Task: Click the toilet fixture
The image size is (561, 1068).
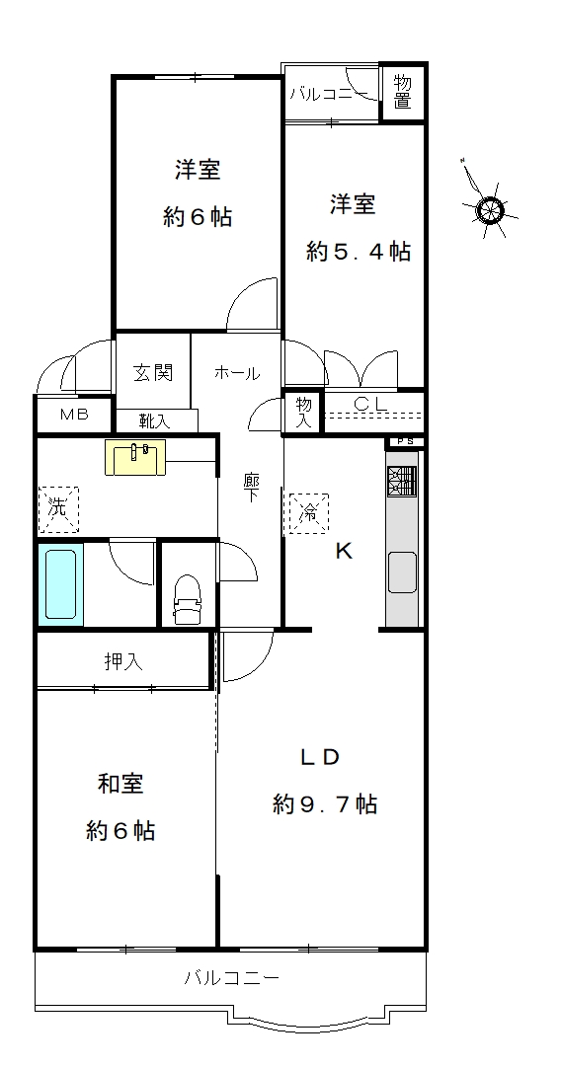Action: coord(188,599)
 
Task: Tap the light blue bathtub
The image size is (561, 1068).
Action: coord(60,583)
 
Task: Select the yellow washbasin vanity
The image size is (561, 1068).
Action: coord(135,457)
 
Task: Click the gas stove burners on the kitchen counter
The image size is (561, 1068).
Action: coord(402,481)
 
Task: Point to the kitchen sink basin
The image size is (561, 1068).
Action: coord(402,572)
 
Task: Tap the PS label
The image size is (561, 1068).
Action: coord(405,441)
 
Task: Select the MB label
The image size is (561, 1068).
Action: coord(74,415)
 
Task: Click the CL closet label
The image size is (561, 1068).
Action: coord(370,404)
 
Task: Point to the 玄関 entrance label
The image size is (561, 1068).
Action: coord(153,372)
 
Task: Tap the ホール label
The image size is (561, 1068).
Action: coord(236,373)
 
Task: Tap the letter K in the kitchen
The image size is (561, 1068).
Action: coord(344,551)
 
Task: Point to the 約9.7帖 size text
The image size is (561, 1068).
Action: coord(325,804)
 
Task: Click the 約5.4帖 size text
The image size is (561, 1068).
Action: coord(359,252)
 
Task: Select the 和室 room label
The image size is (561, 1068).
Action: coord(120,784)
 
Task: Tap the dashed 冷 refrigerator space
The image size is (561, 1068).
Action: coord(309,513)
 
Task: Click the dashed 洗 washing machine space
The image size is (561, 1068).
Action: coord(58,508)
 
